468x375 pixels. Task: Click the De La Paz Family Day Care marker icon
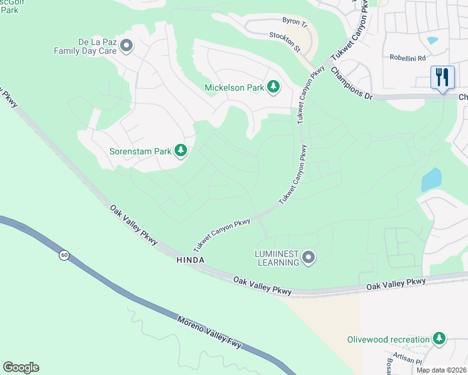pos(126,46)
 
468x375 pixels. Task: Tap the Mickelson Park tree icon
pos(273,87)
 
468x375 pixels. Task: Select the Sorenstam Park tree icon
pos(181,151)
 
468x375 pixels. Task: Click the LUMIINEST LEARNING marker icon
pos(308,257)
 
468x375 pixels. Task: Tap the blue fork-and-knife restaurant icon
pos(442,77)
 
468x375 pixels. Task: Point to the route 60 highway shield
pos(64,255)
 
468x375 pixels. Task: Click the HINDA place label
pos(191,259)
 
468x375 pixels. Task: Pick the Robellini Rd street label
pos(407,56)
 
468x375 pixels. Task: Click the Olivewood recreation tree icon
pos(439,339)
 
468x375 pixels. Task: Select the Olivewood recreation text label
pos(389,339)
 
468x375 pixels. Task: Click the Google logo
pos(21,367)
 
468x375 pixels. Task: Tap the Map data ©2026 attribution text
pos(441,370)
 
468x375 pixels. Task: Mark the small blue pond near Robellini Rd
pos(432,41)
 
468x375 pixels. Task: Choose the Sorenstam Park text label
pos(140,151)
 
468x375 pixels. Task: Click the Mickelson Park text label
pos(234,87)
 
